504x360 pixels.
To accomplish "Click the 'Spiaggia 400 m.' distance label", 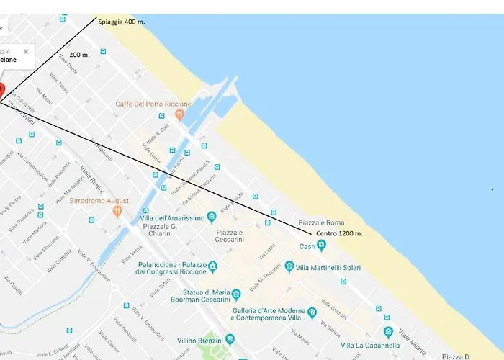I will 121,22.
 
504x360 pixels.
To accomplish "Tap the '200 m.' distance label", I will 80,55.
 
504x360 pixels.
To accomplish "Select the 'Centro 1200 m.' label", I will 338,234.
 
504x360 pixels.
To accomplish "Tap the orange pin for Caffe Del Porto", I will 169,114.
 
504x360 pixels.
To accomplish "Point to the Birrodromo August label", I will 99,201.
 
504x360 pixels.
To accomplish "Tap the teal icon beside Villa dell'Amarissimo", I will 212,217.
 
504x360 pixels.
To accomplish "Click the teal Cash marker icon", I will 322,246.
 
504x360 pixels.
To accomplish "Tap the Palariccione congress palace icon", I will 213,268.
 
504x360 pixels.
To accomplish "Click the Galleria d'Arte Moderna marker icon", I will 312,312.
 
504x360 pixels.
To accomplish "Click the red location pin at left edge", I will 1,91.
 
